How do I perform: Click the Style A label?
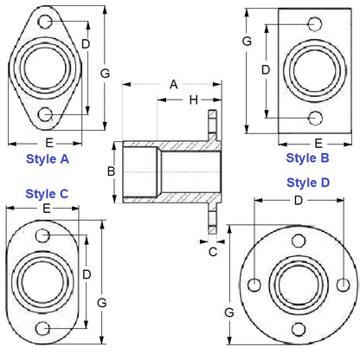[x=48, y=159]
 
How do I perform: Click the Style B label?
[x=307, y=157]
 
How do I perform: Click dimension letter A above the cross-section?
[x=173, y=84]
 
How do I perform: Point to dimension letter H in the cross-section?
[x=192, y=100]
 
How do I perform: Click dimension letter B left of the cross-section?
[x=111, y=171]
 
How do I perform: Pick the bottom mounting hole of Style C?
[x=45, y=328]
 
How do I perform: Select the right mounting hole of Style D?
[x=344, y=285]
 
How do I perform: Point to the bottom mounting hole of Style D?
[x=299, y=328]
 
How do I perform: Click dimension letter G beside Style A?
[x=105, y=74]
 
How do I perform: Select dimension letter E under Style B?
[x=318, y=143]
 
